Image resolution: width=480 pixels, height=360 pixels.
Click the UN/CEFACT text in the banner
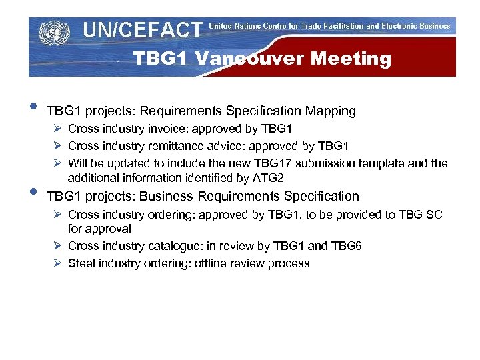(x=142, y=30)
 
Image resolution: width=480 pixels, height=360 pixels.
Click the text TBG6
(x=346, y=246)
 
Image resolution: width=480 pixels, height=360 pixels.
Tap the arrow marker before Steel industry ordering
(x=57, y=263)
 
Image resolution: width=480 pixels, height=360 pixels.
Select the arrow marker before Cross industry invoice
(x=57, y=129)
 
